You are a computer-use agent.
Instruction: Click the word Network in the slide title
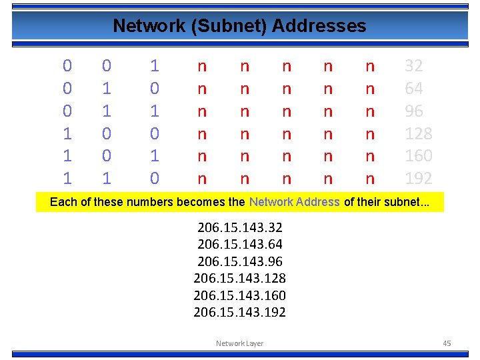[x=140, y=26]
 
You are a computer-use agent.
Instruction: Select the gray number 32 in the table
[x=414, y=66]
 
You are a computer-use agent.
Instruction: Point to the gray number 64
[x=414, y=89]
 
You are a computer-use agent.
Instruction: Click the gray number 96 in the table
[x=414, y=111]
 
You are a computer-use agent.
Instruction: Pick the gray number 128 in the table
[x=419, y=133]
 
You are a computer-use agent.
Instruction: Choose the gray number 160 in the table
[x=419, y=155]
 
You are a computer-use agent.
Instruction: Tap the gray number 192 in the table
[x=419, y=178]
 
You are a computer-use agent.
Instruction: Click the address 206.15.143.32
[x=240, y=227]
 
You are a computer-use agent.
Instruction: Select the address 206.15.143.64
[x=240, y=244]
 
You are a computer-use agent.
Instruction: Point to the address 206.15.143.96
[x=240, y=261]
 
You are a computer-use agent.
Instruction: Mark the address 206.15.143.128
[x=240, y=278]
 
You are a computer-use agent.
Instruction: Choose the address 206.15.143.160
[x=240, y=295]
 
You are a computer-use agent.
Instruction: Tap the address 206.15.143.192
[x=240, y=311]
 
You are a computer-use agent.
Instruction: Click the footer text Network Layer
[x=239, y=343]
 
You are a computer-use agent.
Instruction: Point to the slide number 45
[x=447, y=343]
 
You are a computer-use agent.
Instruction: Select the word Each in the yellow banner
[x=63, y=202]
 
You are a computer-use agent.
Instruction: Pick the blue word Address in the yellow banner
[x=317, y=202]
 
